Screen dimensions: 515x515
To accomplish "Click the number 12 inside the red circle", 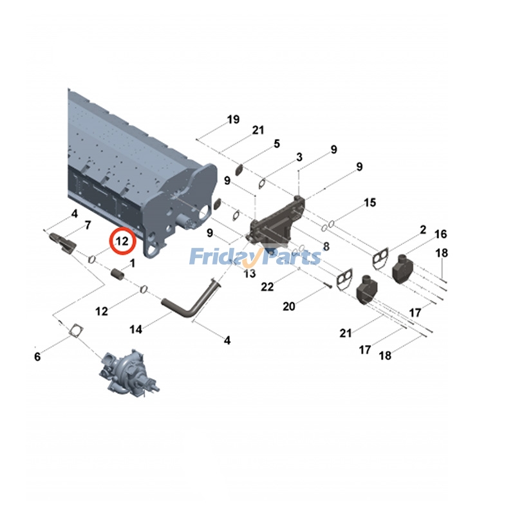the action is coord(122,241).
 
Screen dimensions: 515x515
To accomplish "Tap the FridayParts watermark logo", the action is coord(255,256).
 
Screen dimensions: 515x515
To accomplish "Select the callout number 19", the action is coord(234,119).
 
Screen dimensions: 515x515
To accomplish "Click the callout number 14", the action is coord(136,329).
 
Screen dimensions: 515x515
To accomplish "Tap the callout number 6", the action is coord(37,357).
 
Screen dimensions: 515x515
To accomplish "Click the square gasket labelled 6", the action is coord(76,330).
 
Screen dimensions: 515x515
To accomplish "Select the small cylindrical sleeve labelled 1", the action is coord(118,274).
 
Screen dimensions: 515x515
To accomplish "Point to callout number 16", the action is coord(441,234).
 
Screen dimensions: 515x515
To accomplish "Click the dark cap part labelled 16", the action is coord(402,268).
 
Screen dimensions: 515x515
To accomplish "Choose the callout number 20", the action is coord(289,306).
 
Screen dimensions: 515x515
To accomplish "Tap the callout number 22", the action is coord(267,286).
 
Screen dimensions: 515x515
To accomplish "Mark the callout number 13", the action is coord(250,273).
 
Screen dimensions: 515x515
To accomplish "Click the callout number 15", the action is coord(370,202).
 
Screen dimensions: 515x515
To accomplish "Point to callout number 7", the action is coord(88,225).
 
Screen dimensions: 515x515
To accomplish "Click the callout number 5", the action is coord(277,144).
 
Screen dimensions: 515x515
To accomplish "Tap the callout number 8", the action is coord(326,246).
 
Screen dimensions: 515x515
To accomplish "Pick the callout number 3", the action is coord(299,157).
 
